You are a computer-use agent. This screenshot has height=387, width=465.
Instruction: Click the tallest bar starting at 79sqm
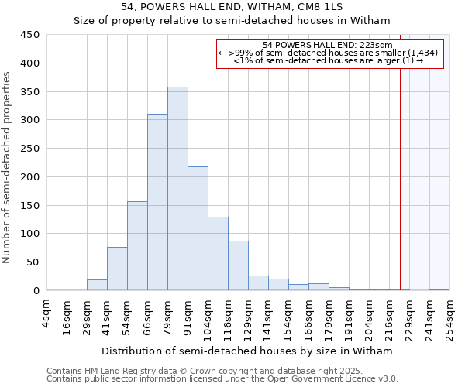(177, 189)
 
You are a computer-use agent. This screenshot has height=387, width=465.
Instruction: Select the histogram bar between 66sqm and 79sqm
(157, 202)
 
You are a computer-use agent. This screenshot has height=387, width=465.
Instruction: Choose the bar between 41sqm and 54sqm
(117, 269)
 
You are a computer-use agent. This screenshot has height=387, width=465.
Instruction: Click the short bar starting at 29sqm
(97, 285)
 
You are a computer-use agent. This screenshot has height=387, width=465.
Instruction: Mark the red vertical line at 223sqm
(400, 163)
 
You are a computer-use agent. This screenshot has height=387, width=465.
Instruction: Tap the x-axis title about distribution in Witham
(247, 351)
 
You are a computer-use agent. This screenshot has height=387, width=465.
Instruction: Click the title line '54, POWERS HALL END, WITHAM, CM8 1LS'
(232, 7)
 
